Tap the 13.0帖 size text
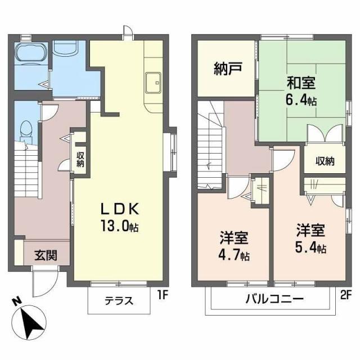(120, 227)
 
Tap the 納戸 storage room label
(228, 70)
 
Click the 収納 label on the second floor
(325, 161)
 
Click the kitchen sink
(153, 83)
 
